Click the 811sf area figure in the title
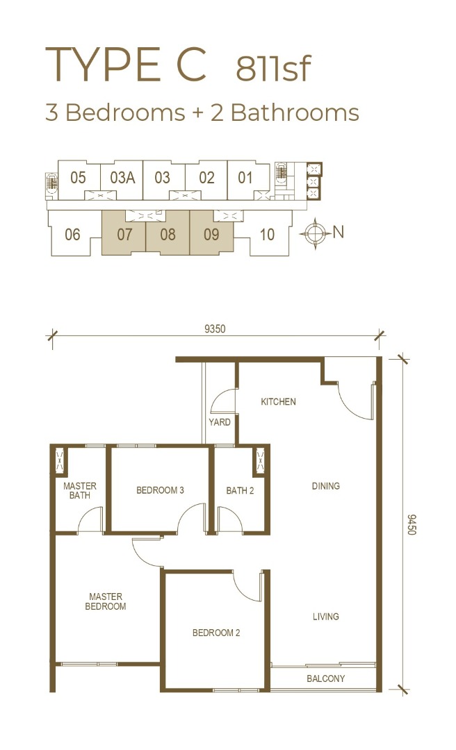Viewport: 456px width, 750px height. (273, 68)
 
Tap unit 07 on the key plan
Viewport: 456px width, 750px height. (124, 235)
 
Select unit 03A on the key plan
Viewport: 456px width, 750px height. (122, 178)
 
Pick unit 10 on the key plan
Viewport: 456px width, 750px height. (267, 235)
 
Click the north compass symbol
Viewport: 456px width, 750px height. (315, 233)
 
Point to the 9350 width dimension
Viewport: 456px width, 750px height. (215, 328)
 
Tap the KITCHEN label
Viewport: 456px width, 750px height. (278, 401)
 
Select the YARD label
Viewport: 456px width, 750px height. (220, 422)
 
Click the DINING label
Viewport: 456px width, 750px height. (326, 486)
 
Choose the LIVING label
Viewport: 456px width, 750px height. (326, 617)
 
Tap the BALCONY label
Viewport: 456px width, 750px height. (326, 678)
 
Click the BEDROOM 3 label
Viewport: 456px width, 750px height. (160, 490)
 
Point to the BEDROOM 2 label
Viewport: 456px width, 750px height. (216, 633)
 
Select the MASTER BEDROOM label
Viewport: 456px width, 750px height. (106, 601)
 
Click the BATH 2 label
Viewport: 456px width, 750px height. (240, 490)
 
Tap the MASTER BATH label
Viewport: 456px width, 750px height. (80, 490)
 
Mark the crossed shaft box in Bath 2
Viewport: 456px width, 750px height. (260, 462)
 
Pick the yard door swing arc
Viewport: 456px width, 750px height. (220, 396)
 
